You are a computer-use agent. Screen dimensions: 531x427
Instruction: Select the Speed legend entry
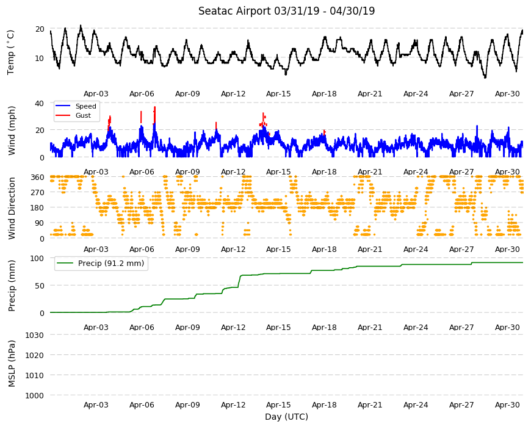pos(85,106)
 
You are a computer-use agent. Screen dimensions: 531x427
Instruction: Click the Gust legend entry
pos(83,115)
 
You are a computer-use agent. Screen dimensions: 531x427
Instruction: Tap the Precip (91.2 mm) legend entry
pos(110,264)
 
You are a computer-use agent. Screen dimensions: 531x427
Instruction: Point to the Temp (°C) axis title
pos(11,52)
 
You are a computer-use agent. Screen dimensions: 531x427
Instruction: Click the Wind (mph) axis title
pos(12,131)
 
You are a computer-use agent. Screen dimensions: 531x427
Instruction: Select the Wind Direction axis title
pos(12,208)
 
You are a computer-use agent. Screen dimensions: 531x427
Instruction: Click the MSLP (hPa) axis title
pos(12,363)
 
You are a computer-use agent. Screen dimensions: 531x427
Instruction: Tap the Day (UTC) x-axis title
pos(286,417)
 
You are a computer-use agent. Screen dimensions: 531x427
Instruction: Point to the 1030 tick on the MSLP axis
pos(35,335)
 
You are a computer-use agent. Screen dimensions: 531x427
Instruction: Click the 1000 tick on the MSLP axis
pos(35,395)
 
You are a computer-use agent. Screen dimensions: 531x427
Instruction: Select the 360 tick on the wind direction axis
pos(37,178)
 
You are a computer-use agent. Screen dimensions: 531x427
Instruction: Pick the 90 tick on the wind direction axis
pos(40,223)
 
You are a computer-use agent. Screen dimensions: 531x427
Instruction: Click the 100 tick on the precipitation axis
pos(37,258)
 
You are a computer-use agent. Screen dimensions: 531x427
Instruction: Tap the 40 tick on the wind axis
pos(40,103)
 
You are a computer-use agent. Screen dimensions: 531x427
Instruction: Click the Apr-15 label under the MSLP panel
pos(278,405)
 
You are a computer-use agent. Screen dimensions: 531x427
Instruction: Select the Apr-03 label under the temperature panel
pos(96,94)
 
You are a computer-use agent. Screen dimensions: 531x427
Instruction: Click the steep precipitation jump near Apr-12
pos(239,281)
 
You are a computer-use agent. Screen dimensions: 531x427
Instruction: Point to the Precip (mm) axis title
pos(12,286)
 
